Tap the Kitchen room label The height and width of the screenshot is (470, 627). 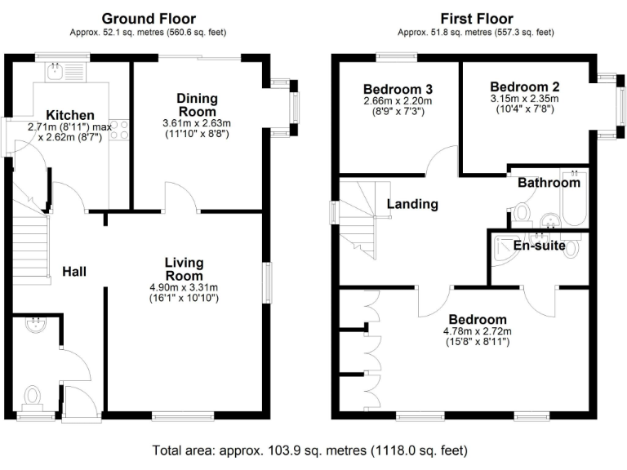69,115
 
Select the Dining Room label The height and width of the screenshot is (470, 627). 197,104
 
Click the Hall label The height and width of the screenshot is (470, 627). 75,272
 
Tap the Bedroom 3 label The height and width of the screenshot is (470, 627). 398,89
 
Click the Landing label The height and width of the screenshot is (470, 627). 412,204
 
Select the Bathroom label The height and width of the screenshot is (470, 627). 549,183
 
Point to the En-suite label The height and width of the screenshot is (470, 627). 539,245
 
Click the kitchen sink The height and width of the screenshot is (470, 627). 56,74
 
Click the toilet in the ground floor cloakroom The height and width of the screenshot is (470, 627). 33,397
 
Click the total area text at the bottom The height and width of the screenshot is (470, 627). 310,450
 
